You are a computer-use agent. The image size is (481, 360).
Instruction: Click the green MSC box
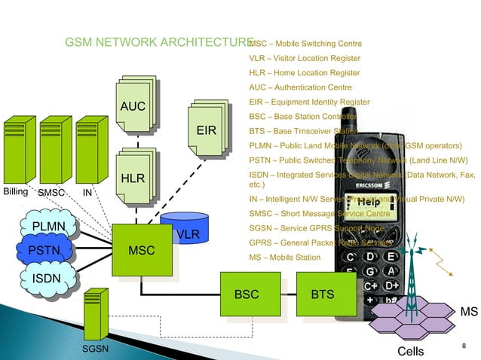140,250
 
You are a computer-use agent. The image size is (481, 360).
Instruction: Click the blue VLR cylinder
187,230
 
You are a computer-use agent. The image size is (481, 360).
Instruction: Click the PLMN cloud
49,226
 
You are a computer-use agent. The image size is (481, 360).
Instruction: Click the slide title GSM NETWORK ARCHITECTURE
159,42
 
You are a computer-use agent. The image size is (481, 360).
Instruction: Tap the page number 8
464,346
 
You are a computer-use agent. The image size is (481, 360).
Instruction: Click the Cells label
410,352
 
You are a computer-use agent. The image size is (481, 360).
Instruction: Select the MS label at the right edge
469,312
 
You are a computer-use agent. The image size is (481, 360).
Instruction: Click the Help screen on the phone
368,202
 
